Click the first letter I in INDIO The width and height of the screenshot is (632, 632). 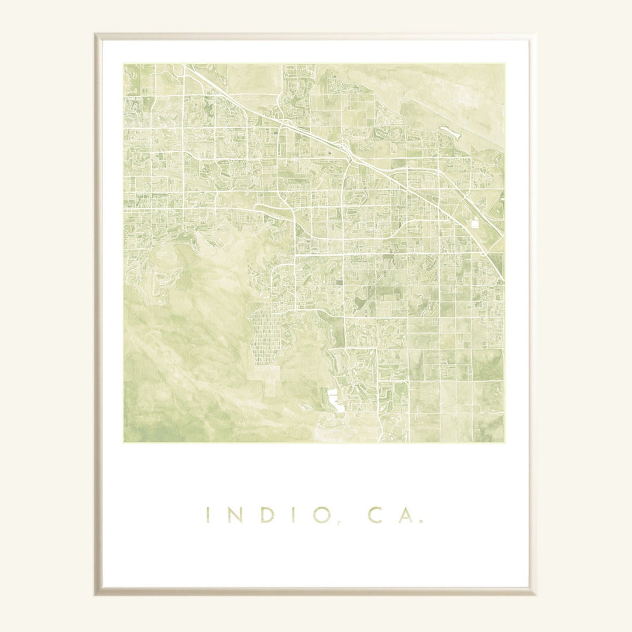point(208,515)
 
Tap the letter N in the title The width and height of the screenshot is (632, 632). point(234,515)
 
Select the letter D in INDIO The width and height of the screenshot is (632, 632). point(267,515)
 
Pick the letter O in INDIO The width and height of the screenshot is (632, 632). point(321,515)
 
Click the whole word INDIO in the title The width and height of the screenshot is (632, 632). point(265,515)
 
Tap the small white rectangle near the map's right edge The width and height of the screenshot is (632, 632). point(475,224)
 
